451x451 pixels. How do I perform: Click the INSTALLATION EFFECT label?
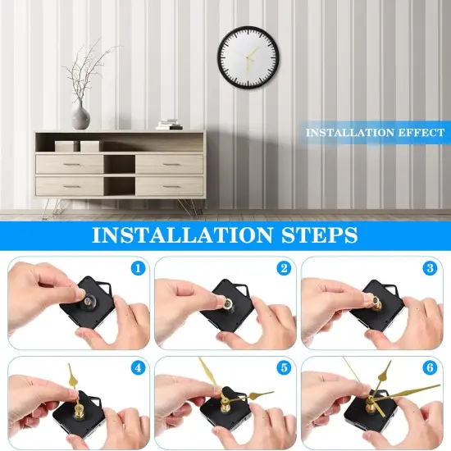pos(376,132)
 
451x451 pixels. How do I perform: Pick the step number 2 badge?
pos(283,268)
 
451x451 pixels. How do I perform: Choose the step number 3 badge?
pos(430,268)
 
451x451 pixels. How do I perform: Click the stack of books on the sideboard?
pos(170,124)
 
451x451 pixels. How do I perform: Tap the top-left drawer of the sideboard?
pos(70,164)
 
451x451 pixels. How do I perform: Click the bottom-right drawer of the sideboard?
pos(169,186)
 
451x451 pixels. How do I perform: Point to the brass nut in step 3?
pos(377,302)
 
